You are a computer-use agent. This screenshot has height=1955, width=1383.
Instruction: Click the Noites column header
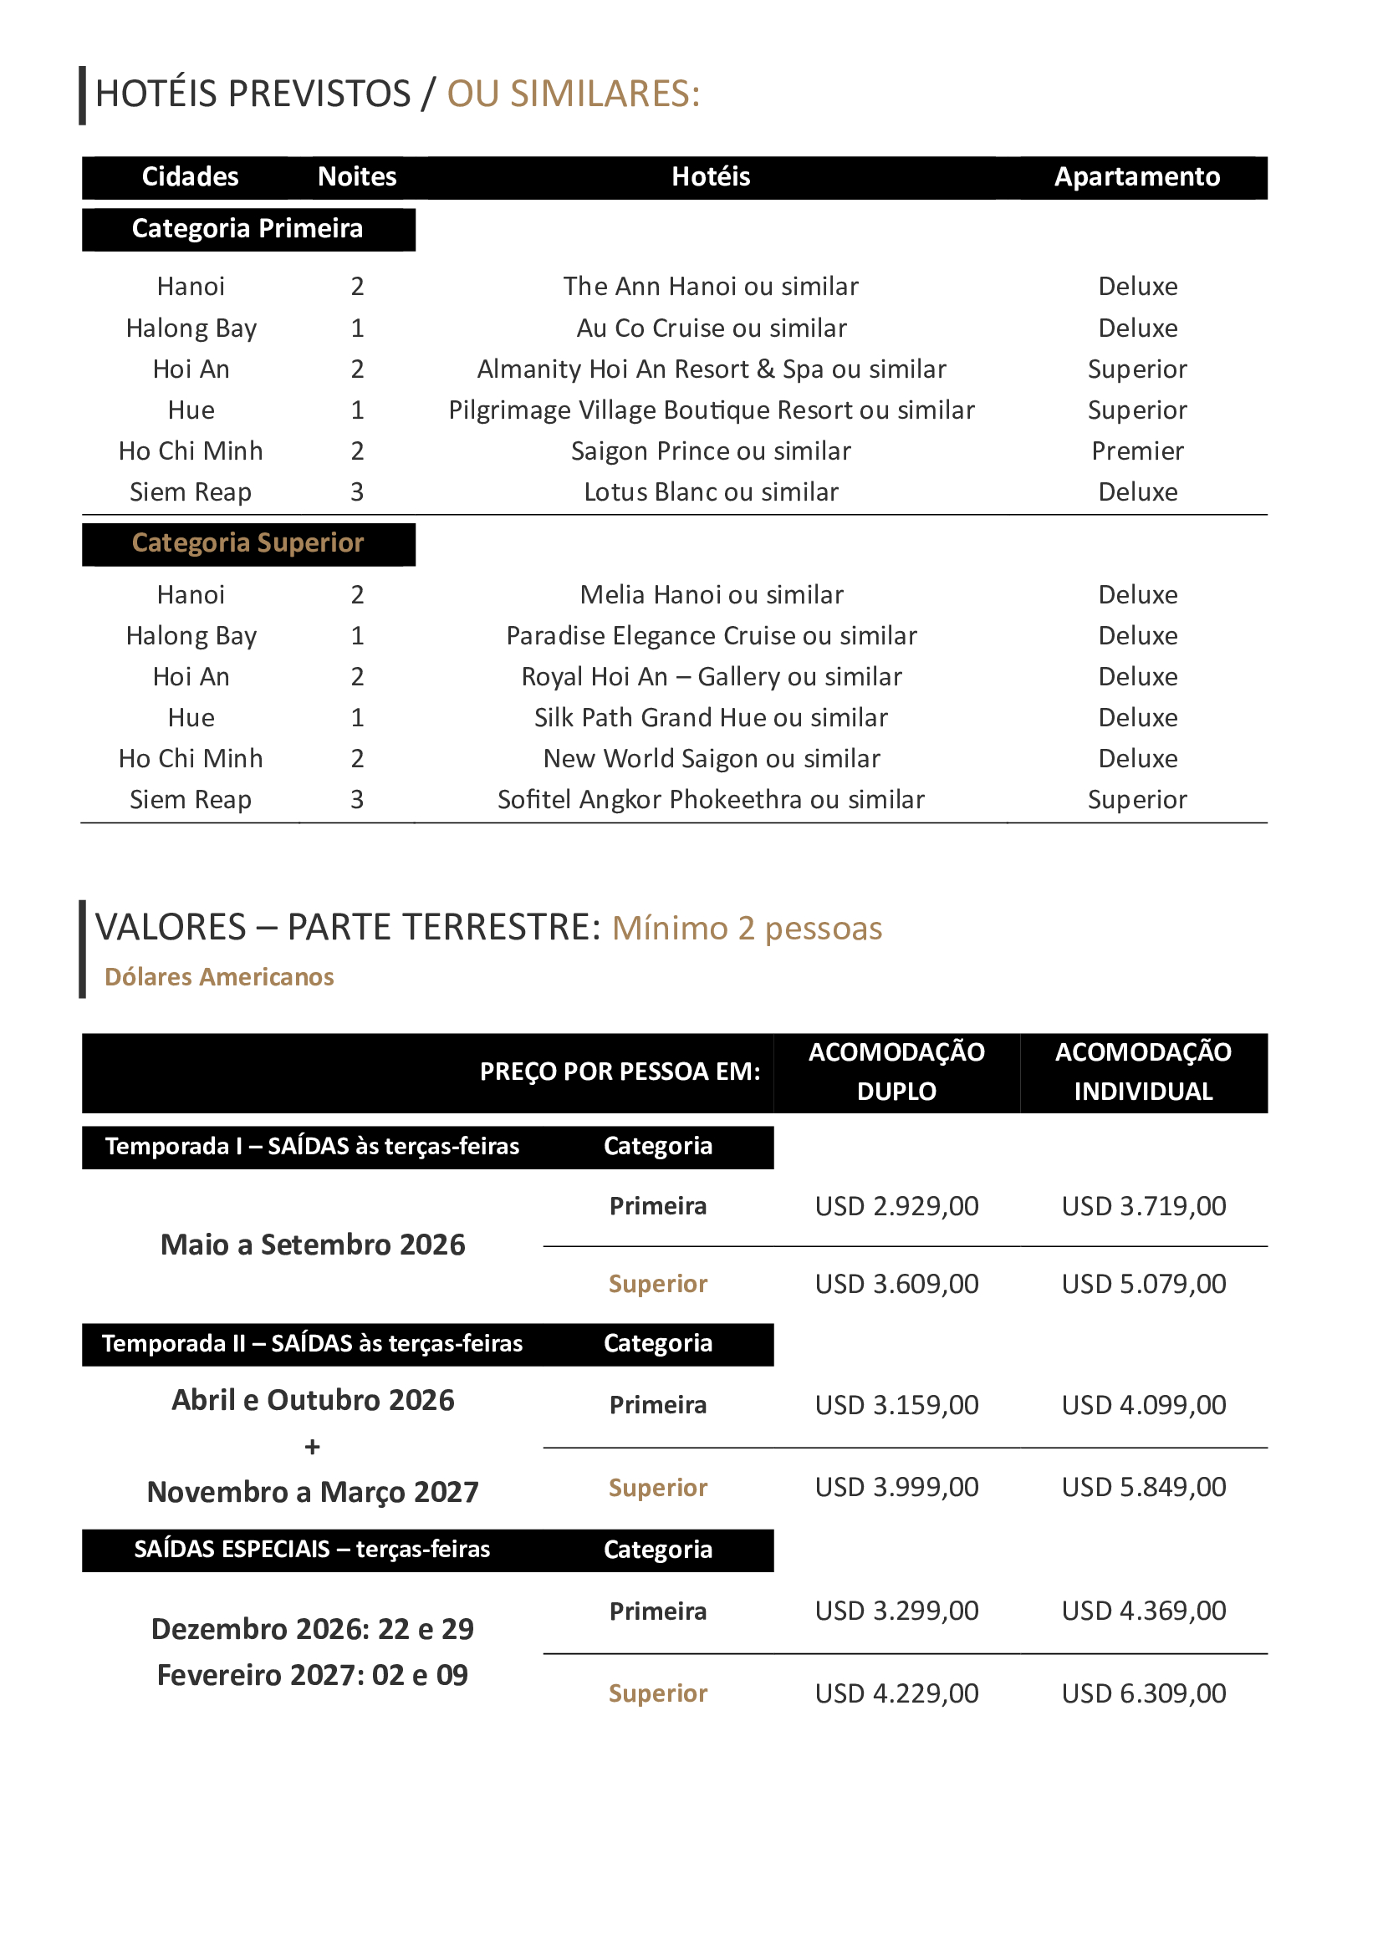[357, 176]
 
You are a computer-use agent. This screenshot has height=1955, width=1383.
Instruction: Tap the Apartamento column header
[1136, 176]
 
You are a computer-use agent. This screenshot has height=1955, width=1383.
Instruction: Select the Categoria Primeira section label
[247, 228]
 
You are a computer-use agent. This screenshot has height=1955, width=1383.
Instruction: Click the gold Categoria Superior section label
[247, 542]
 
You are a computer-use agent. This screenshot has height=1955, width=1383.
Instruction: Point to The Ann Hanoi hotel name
[710, 286]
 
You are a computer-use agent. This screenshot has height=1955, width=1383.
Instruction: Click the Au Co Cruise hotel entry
[710, 328]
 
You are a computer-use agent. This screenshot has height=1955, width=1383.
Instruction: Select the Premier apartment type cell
[1137, 451]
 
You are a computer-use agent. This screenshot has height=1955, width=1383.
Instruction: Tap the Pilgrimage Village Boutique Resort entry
[710, 410]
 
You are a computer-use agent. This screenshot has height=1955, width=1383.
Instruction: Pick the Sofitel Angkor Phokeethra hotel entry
[710, 800]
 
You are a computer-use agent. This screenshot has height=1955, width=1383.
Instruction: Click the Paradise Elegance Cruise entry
[710, 635]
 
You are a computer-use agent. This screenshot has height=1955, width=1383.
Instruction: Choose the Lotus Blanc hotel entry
[710, 491]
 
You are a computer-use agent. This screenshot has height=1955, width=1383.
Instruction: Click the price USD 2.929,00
[896, 1206]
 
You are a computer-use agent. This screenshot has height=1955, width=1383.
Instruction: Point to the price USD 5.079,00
[1143, 1283]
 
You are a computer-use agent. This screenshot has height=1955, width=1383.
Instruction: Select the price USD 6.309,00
[1143, 1693]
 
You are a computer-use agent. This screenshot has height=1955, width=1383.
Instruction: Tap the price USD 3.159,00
[896, 1404]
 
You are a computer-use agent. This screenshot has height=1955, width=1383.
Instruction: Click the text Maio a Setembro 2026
[313, 1245]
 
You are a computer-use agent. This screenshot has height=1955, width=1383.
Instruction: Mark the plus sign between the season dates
[313, 1447]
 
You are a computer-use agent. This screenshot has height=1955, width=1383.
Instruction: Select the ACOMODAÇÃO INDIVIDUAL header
[1143, 1072]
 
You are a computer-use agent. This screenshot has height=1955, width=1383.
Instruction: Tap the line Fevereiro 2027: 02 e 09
[313, 1675]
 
